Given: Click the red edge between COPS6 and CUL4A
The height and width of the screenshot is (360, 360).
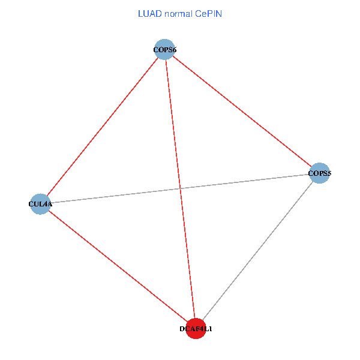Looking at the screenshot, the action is pos(102,127).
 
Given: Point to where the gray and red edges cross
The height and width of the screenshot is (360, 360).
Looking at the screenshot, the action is pos(180,189).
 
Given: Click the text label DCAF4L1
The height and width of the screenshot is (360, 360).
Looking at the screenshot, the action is pos(196,329).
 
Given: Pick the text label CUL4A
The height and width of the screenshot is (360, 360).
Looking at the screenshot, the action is pos(40,204).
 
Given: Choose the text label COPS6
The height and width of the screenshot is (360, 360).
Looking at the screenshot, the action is pos(164,50).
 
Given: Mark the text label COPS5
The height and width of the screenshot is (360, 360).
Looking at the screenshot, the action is pos(319,174).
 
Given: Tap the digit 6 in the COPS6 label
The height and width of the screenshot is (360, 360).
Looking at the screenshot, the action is pos(173,50).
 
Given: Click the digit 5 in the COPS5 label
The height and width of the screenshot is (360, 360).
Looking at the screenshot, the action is pos(329,174).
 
